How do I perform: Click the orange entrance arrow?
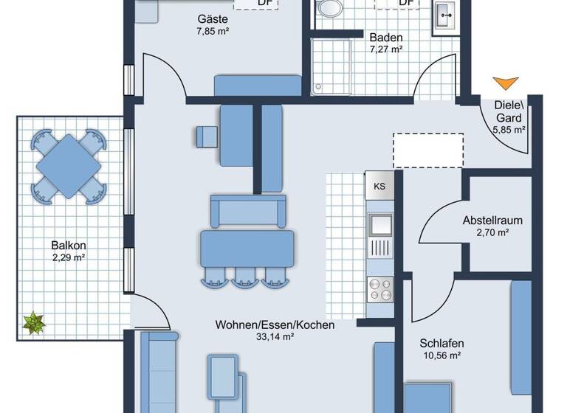[x=506, y=83]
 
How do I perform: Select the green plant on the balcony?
[x=33, y=322]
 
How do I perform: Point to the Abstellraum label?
[x=492, y=220]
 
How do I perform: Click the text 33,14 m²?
[x=275, y=337]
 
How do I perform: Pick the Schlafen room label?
[x=441, y=343]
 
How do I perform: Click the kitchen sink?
[x=380, y=223]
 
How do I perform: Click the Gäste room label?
[x=212, y=19]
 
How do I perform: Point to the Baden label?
[x=385, y=37]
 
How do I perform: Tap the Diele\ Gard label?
[x=509, y=111]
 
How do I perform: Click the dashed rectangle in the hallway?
[x=428, y=150]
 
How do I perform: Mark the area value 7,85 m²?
[x=212, y=32]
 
